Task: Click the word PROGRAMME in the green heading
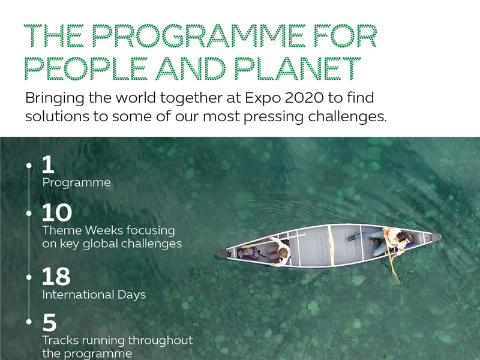[x=199, y=36]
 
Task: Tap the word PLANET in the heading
[x=297, y=68]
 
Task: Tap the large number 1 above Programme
[x=48, y=164]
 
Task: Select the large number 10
[x=57, y=212]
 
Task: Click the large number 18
[x=56, y=276]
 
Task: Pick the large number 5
[x=50, y=322]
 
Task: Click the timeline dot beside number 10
[x=29, y=213]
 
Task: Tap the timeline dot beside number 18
[x=29, y=277]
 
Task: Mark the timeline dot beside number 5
[x=29, y=322]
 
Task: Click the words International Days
[x=94, y=295]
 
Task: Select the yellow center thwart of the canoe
[x=331, y=245]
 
